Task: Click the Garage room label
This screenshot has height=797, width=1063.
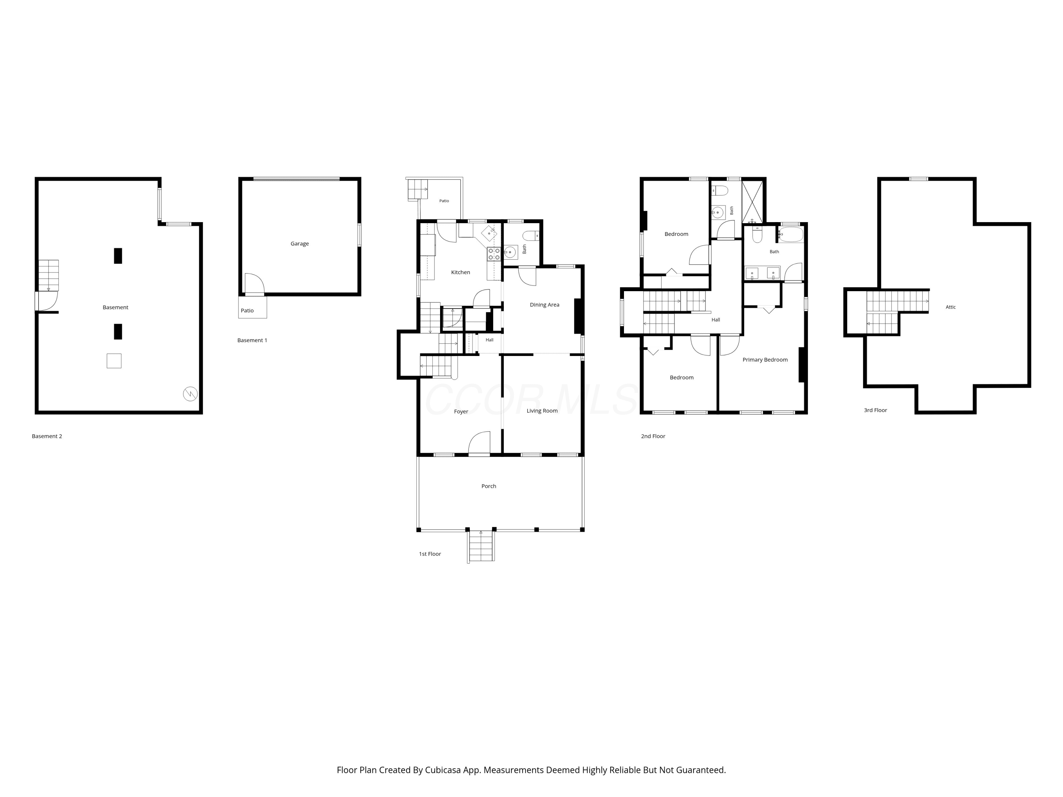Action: click(x=299, y=244)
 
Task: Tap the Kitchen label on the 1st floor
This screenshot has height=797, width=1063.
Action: click(x=460, y=272)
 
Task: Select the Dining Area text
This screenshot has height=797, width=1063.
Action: click(x=545, y=305)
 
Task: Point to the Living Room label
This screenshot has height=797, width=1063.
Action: click(x=542, y=411)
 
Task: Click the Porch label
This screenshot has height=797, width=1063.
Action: click(x=489, y=486)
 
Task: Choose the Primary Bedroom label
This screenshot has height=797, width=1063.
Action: click(x=765, y=360)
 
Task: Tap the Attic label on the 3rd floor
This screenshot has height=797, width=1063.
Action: click(x=951, y=307)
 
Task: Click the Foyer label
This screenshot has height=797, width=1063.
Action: click(x=461, y=412)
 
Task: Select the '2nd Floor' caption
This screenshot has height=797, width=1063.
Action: click(x=653, y=436)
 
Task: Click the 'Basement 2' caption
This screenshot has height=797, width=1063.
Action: click(x=47, y=436)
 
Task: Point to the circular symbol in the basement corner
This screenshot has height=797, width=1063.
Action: click(x=190, y=394)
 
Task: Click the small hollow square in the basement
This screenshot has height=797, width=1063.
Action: click(x=114, y=361)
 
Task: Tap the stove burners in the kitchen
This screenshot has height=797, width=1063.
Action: click(x=494, y=254)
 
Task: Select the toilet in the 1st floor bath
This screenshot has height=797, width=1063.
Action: click(x=530, y=236)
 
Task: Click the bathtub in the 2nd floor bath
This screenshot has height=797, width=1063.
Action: click(x=791, y=234)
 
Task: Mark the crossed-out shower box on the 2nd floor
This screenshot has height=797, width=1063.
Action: click(x=753, y=202)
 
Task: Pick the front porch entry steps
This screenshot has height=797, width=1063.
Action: click(x=481, y=546)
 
